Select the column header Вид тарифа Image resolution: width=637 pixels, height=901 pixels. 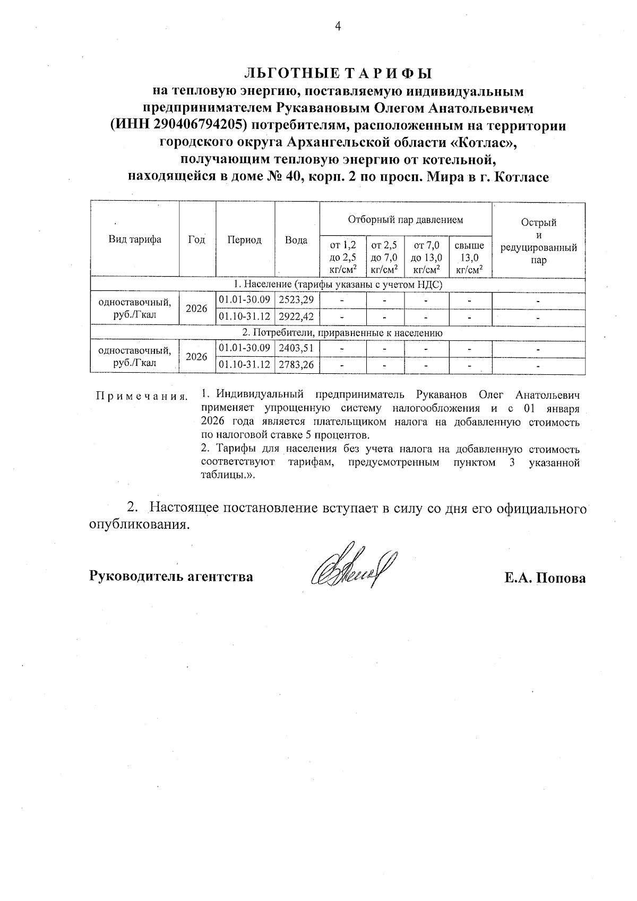click(x=135, y=239)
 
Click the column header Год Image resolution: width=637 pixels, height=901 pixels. click(x=196, y=239)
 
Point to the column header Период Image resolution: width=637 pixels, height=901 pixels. click(x=244, y=239)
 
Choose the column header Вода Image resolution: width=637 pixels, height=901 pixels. click(x=296, y=240)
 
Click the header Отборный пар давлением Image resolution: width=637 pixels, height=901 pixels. click(x=405, y=219)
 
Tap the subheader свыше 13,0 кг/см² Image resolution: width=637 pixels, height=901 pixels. click(x=470, y=258)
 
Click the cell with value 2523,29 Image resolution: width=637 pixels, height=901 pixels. click(x=296, y=300)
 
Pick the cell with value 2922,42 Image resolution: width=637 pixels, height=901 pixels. click(x=296, y=317)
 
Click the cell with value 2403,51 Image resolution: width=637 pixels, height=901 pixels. click(x=296, y=349)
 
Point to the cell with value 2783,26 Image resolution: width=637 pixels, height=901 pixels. click(x=296, y=365)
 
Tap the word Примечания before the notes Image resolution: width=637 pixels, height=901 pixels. click(x=141, y=396)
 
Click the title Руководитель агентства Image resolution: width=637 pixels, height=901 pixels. click(x=171, y=576)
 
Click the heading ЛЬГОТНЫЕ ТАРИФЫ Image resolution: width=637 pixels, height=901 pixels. click(x=338, y=73)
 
